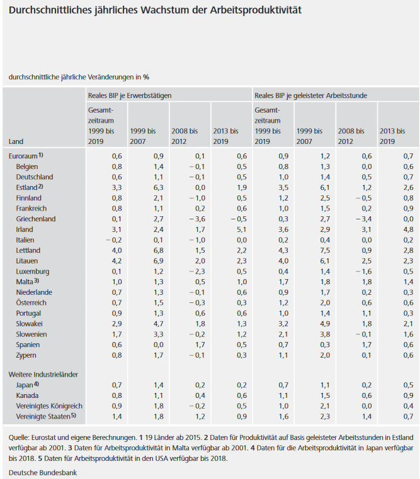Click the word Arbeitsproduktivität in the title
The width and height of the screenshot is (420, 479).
pyautogui.click(x=256, y=10)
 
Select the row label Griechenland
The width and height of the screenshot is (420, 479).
pyautogui.click(x=36, y=219)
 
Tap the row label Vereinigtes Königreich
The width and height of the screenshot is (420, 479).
pyautogui.click(x=49, y=406)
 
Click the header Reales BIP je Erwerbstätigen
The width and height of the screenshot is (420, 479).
pyautogui.click(x=130, y=96)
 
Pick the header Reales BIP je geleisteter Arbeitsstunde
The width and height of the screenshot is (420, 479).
pyautogui.click(x=311, y=96)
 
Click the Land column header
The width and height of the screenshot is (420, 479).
pyautogui.click(x=16, y=141)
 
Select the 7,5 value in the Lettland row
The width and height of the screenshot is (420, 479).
pyautogui.click(x=325, y=250)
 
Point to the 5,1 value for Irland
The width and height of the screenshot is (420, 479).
pyautogui.click(x=242, y=229)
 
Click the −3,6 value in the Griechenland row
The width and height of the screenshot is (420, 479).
pyautogui.click(x=197, y=219)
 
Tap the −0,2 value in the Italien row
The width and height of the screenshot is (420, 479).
pyautogui.click(x=114, y=240)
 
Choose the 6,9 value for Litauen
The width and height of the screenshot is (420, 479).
pyautogui.click(x=158, y=261)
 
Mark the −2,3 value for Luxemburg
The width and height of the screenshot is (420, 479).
pyautogui.click(x=197, y=272)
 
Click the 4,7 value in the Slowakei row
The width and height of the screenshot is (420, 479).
pyautogui.click(x=158, y=324)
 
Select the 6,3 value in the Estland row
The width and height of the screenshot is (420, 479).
pyautogui.click(x=158, y=187)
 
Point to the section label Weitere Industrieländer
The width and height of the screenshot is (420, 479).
pyautogui.click(x=43, y=375)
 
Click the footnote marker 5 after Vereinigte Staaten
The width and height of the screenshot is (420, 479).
pyautogui.click(x=74, y=415)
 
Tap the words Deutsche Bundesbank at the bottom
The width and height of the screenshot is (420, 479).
pyautogui.click(x=43, y=473)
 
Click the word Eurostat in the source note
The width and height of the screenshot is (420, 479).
pyautogui.click(x=43, y=438)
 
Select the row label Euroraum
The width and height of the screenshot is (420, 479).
pyautogui.click(x=23, y=156)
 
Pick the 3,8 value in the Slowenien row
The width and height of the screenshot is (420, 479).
pyautogui.click(x=325, y=334)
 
